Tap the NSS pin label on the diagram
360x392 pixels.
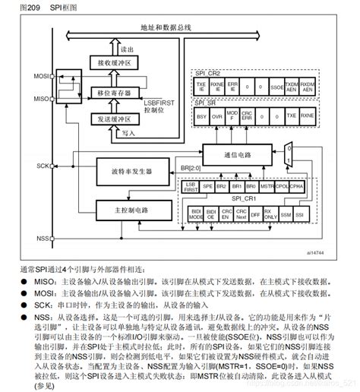[43, 239]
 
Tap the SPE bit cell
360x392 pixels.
[205, 185]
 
